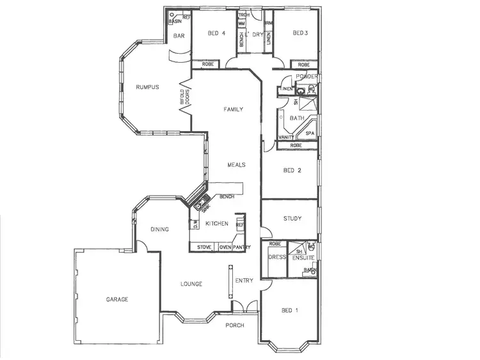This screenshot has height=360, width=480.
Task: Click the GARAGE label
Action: coord(117,299)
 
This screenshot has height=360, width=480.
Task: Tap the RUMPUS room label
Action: coord(147,87)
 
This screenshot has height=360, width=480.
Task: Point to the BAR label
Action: coord(179,36)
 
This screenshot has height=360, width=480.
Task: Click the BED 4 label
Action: coord(218,33)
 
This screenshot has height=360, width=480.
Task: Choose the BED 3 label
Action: coord(301,33)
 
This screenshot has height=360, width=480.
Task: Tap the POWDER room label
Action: coord(307,77)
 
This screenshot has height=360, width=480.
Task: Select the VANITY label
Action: coord(286,137)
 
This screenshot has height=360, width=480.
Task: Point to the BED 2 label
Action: coord(292,171)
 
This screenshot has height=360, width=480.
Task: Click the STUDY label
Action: coord(292,219)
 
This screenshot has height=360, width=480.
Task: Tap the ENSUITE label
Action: coord(303,258)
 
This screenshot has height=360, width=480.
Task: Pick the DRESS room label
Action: coord(276,257)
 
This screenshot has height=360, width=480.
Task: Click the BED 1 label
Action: coord(290,310)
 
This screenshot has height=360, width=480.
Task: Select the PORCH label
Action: coord(235,325)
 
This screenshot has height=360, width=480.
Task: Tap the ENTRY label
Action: coord(244,281)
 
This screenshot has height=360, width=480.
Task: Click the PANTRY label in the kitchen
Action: coord(242,247)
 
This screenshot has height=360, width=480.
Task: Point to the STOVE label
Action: coord(204,247)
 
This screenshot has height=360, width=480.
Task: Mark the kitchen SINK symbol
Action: coord(201,206)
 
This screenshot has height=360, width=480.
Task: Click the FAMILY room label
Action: coord(233,109)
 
